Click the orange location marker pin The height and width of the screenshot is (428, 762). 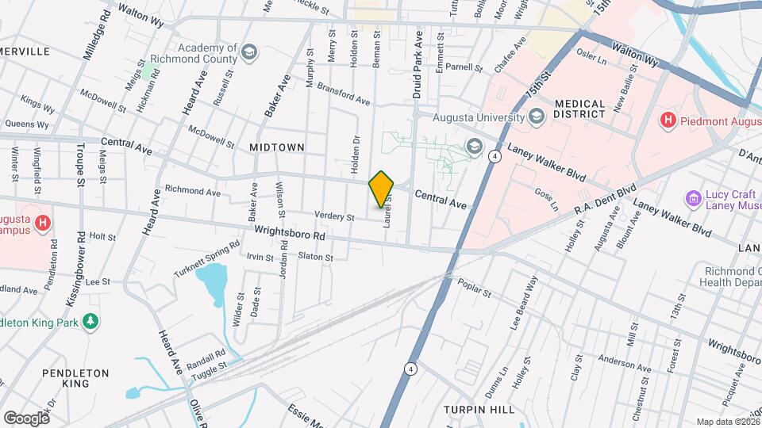click(x=382, y=189)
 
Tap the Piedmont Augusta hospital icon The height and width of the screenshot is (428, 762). click(x=668, y=120)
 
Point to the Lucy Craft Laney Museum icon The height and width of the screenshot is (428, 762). click(x=694, y=197)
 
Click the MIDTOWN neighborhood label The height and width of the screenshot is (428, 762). click(x=277, y=147)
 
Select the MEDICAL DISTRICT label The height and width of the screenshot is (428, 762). click(x=585, y=110)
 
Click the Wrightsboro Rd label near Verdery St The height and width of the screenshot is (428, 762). click(x=291, y=235)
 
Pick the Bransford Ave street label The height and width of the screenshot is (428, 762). click(x=343, y=94)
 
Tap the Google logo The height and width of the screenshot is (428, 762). click(x=26, y=418)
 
